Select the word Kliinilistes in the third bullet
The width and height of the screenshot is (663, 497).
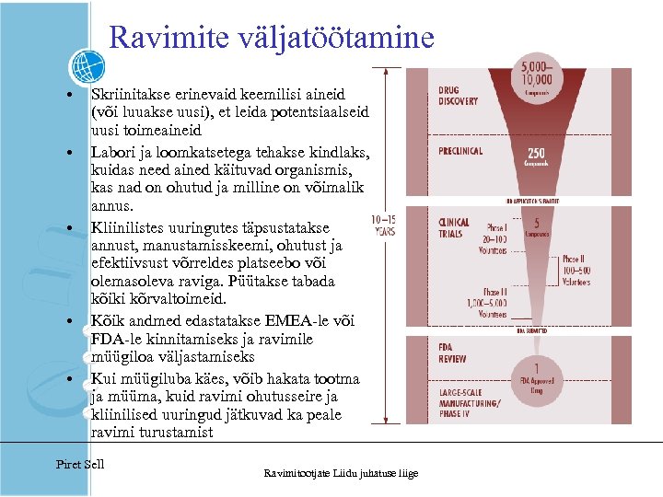coord(127,226)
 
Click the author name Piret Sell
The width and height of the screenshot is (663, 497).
coord(80,463)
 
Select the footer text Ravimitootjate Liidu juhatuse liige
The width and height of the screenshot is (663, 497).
coord(341,473)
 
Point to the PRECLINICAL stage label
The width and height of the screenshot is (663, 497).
coord(461,151)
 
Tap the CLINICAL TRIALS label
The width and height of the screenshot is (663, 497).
coord(454,228)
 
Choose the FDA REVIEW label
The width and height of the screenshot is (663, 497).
coord(452,352)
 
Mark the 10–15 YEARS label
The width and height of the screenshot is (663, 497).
coord(383,225)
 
